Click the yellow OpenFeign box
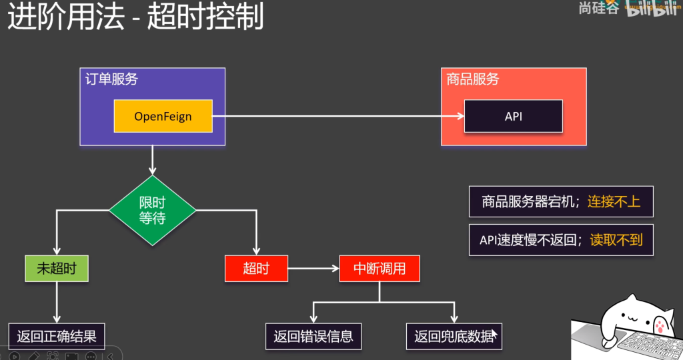163,116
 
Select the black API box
513,116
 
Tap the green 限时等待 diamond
152,210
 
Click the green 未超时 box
57,269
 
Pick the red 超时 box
256,269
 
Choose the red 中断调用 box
380,269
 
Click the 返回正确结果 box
57,336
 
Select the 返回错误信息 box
313,336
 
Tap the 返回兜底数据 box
454,336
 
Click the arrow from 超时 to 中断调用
313,269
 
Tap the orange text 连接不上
614,201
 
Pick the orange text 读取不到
616,240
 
